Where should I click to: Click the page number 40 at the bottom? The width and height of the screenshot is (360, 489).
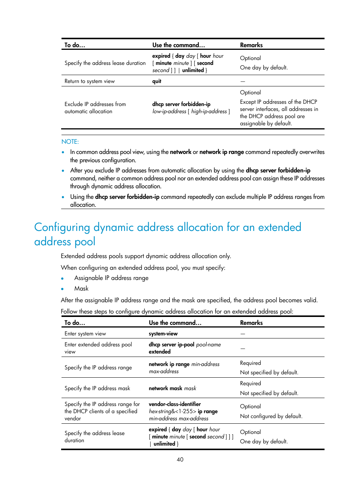[x=180, y=459]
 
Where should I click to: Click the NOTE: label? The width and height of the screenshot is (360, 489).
[x=70, y=141]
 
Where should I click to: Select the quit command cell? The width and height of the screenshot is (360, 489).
[x=157, y=81]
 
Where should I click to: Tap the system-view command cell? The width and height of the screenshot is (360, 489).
[x=163, y=334]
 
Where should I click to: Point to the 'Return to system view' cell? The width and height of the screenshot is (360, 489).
[x=89, y=81]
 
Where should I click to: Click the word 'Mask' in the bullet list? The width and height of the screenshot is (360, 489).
[x=81, y=288]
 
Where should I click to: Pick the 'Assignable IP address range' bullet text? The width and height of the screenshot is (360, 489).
[x=111, y=278]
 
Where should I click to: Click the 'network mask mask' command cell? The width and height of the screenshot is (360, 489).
[x=172, y=388]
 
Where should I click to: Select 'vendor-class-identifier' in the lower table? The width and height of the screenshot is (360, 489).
[x=175, y=404]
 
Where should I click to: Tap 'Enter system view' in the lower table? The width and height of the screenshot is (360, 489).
[x=85, y=334]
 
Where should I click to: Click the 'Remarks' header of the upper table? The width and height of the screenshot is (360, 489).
[x=251, y=45]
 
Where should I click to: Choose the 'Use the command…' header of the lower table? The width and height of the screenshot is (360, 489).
[x=175, y=323]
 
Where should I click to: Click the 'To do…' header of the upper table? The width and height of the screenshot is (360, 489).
[x=75, y=45]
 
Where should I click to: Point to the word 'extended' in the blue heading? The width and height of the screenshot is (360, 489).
[x=279, y=227]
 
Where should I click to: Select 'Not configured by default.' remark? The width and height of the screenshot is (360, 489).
[x=271, y=416]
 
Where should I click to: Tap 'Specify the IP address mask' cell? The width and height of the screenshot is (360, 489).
[x=97, y=388]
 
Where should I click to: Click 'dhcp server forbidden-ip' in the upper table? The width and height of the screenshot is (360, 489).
[x=182, y=104]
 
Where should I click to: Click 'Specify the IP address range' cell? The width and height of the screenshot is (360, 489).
[x=98, y=368]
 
